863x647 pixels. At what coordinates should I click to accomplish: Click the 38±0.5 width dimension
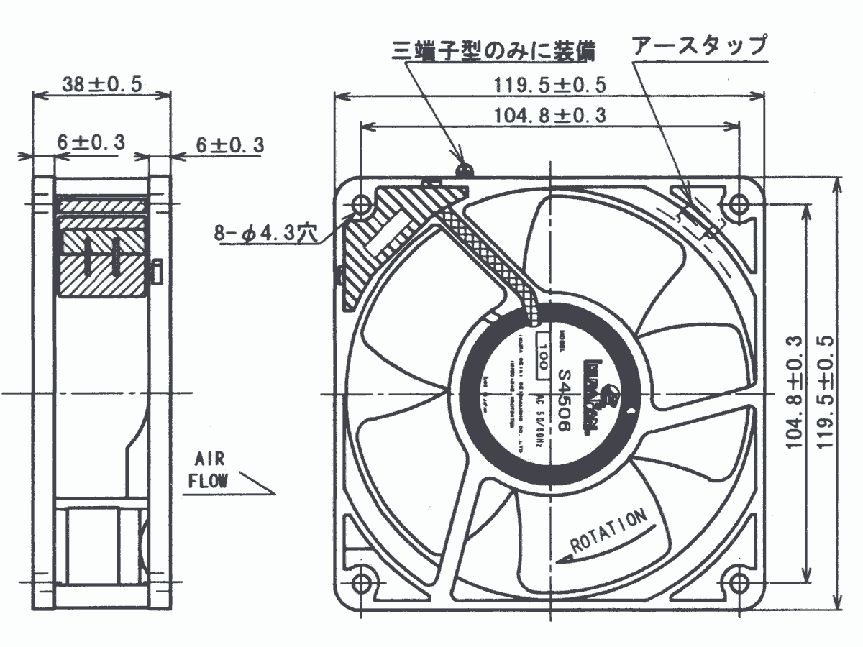[x=102, y=84]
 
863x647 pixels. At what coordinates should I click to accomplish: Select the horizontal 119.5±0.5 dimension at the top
[x=550, y=85]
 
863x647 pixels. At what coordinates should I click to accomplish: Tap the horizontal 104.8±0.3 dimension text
[x=550, y=115]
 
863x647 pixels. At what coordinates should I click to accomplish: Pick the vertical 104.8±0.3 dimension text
[x=793, y=392]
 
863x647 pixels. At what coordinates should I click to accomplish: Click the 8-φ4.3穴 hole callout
[x=264, y=234]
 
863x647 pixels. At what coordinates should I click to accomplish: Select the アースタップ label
[x=699, y=47]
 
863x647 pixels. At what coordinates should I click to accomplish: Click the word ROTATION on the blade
[x=610, y=531]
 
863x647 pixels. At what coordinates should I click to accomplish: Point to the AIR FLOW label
[x=209, y=470]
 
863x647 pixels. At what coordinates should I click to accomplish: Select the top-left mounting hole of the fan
[x=362, y=204]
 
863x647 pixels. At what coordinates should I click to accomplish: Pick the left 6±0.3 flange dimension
[x=88, y=143]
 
